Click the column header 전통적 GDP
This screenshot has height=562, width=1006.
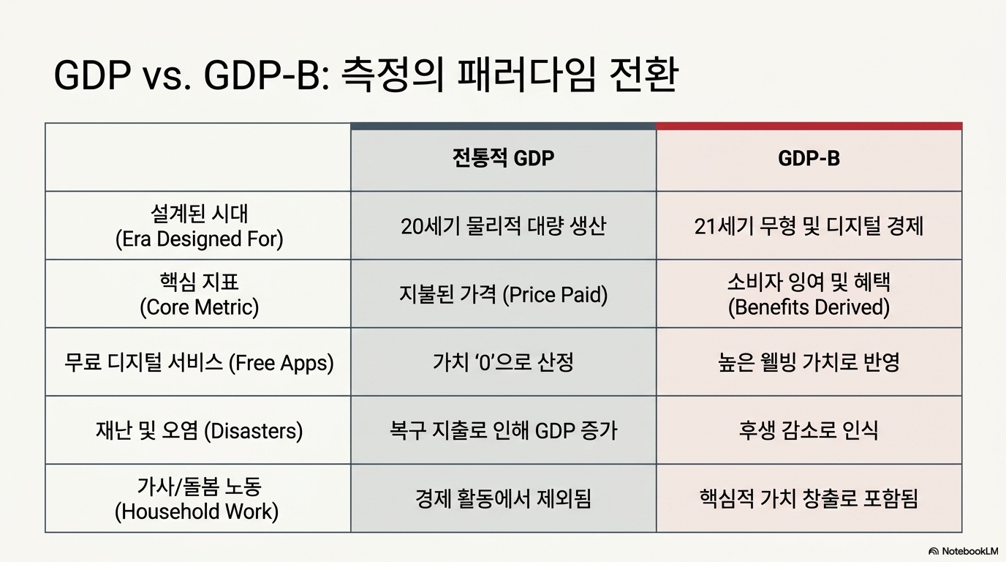click(x=503, y=158)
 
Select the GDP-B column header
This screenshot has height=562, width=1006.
click(x=809, y=158)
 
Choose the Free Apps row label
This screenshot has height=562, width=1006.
click(x=199, y=363)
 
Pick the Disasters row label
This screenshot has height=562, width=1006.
click(x=199, y=431)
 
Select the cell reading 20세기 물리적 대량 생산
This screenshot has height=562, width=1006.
click(x=503, y=226)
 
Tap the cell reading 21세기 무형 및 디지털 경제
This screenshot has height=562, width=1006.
click(x=809, y=226)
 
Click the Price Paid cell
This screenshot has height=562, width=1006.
click(x=503, y=295)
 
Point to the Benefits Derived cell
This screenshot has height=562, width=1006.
click(x=809, y=294)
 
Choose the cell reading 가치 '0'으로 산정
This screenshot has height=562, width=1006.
click(x=503, y=363)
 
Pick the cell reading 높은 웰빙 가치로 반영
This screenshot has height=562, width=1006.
click(x=809, y=363)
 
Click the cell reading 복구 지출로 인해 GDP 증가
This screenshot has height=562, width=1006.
click(x=503, y=431)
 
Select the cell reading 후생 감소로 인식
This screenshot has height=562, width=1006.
click(x=809, y=431)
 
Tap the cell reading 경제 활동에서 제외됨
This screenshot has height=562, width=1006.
click(x=503, y=499)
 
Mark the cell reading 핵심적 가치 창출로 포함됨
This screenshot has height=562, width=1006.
click(x=809, y=499)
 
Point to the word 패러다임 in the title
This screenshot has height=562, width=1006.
click(x=526, y=75)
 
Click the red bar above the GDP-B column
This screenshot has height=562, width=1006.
click(x=809, y=127)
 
